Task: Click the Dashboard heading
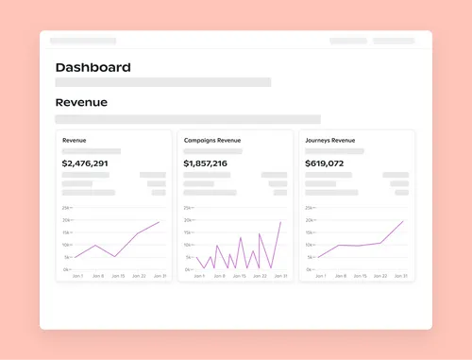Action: (x=93, y=67)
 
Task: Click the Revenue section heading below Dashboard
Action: (x=81, y=102)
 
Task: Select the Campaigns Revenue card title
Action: (x=211, y=140)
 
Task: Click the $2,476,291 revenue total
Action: (x=85, y=163)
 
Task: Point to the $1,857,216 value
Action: (x=205, y=163)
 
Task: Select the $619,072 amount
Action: (x=324, y=163)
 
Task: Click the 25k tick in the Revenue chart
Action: (x=66, y=207)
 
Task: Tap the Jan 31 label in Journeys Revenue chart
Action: (x=401, y=276)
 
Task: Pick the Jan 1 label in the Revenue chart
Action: (x=76, y=276)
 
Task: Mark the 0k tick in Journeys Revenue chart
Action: (x=310, y=269)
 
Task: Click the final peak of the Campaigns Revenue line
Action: (x=280, y=222)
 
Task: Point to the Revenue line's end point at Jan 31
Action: (x=160, y=222)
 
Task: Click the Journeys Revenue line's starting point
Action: (x=318, y=257)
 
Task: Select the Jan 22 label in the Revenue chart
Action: (x=139, y=276)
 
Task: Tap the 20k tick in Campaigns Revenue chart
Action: (x=188, y=220)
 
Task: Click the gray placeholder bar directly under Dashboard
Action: (x=162, y=82)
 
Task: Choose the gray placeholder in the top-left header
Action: (x=83, y=41)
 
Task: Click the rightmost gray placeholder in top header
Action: (x=393, y=41)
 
